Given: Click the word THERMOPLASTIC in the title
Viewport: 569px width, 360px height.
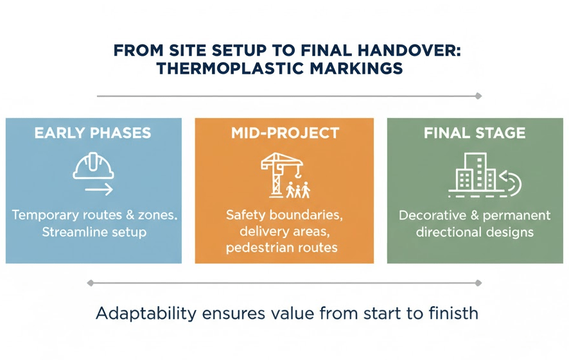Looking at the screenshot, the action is (230, 68).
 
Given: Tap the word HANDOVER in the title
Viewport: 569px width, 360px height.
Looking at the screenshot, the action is (409, 50).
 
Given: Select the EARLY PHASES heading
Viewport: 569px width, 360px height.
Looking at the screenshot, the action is (93, 133).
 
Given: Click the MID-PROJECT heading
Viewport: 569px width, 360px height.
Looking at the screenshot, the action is (285, 133).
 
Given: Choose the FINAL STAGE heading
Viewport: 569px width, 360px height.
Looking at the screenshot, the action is (475, 133).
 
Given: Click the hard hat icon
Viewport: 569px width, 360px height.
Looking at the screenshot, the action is (94, 166).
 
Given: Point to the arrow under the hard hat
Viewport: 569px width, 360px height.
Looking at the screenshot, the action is (99, 189).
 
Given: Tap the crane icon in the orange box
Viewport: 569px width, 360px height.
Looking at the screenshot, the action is (281, 175).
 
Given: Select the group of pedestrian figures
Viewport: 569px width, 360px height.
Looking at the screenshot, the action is (298, 189).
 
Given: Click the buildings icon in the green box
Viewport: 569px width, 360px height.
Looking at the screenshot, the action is (476, 172).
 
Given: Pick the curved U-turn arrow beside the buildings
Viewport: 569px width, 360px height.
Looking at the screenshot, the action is (511, 184).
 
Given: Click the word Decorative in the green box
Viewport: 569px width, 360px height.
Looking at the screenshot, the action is (433, 216).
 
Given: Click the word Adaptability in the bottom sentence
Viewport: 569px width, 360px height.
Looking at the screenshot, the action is (146, 313).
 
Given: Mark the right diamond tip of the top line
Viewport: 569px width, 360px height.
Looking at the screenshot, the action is (478, 96).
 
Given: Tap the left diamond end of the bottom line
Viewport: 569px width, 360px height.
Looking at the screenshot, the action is (91, 283).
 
